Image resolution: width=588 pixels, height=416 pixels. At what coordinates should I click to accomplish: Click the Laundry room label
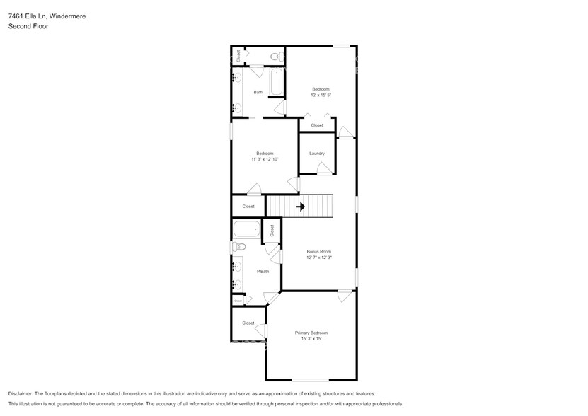tap(316, 154)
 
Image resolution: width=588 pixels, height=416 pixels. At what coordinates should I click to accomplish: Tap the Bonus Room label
tap(318, 252)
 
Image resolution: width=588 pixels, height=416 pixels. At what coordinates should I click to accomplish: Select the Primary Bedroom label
tap(311, 333)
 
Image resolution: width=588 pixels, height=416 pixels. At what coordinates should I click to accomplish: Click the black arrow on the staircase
tap(300, 207)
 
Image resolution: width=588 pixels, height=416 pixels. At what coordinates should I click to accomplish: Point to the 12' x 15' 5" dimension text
tap(321, 95)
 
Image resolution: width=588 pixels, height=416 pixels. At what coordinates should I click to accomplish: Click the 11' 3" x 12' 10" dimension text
tap(265, 159)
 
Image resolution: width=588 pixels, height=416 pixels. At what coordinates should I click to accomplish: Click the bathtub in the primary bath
tap(247, 229)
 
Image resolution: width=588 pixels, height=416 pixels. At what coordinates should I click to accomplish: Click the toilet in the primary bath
tap(240, 247)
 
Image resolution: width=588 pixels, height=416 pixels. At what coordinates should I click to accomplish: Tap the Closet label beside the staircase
tap(248, 207)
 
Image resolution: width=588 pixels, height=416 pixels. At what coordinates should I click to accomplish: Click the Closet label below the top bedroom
tap(317, 125)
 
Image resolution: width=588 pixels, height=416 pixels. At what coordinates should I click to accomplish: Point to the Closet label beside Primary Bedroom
tap(248, 323)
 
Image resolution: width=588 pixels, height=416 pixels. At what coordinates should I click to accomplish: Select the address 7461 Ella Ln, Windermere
tap(47, 16)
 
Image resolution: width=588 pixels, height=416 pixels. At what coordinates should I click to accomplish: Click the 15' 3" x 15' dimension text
tap(311, 339)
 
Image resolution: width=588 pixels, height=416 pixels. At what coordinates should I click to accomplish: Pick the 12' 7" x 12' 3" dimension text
tap(318, 258)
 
